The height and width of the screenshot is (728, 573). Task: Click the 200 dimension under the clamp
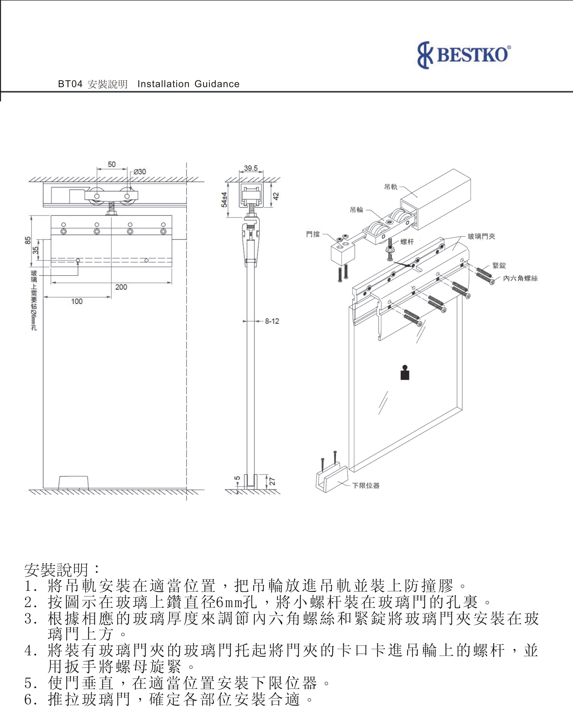[121, 287]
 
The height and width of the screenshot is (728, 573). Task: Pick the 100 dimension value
[77, 302]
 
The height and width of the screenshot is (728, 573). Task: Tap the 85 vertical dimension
[28, 240]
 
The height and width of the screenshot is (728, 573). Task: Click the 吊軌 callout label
[391, 187]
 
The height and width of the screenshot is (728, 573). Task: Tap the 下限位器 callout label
[366, 485]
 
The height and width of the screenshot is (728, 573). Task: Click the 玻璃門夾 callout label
[481, 237]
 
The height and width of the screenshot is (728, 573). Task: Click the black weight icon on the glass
[405, 373]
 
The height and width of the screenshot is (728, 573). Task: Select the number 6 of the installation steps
[29, 699]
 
